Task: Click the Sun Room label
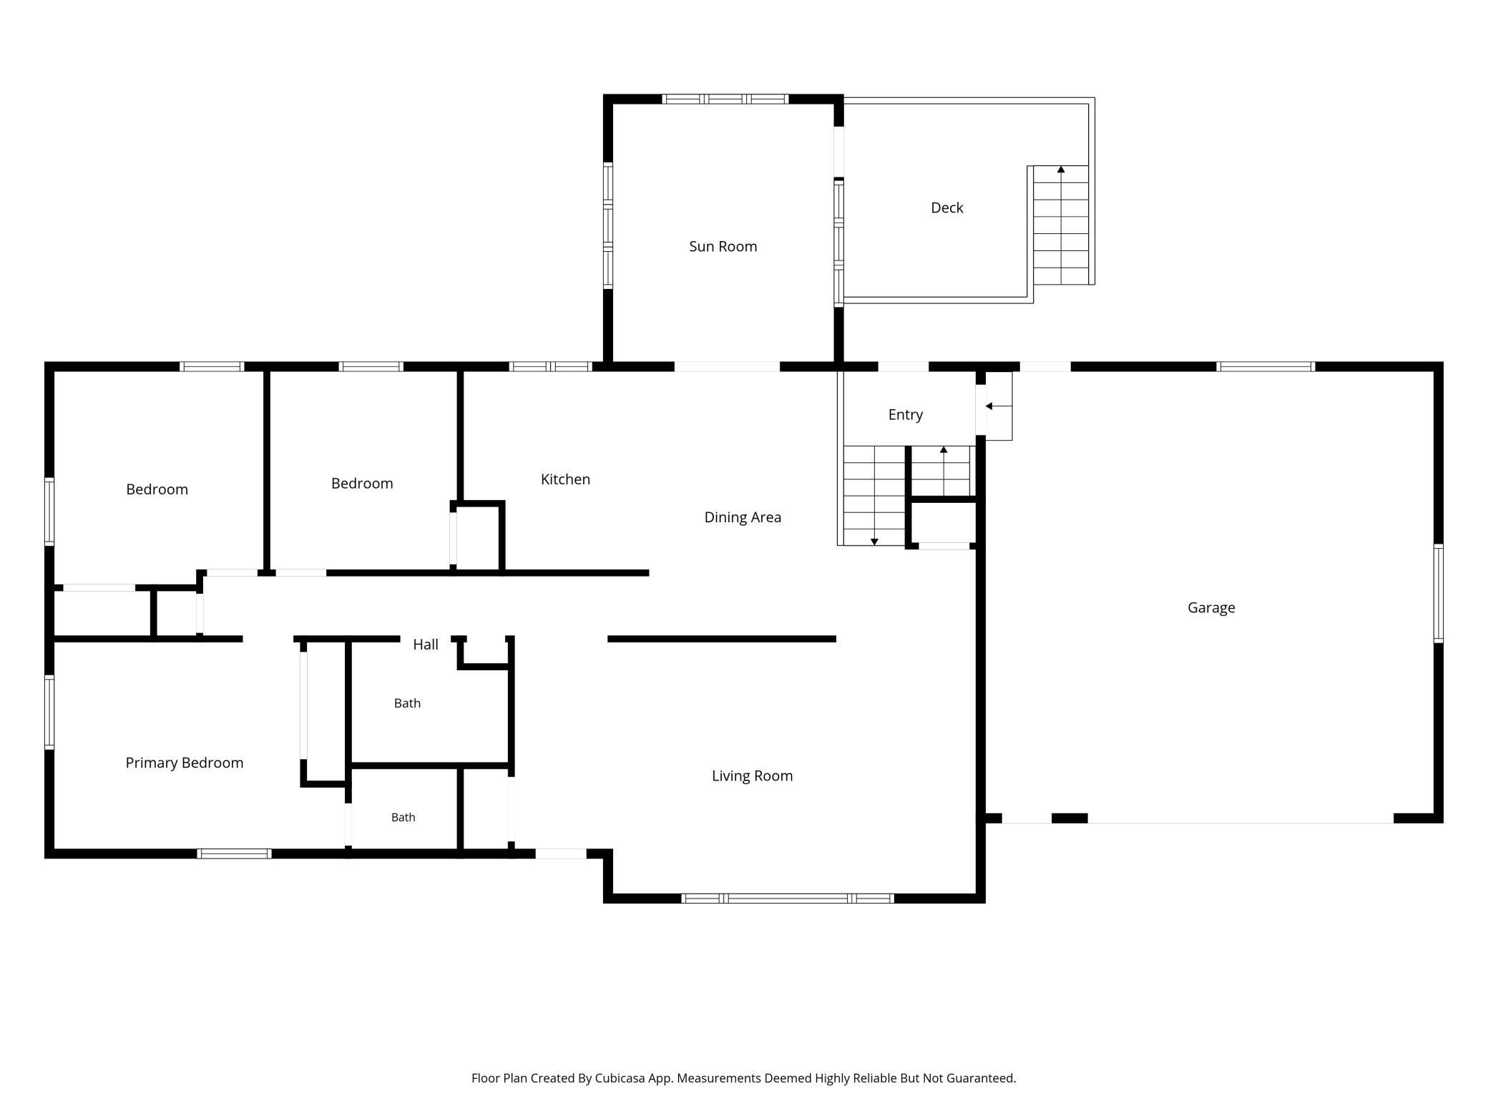pyautogui.click(x=723, y=247)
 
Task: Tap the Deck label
pyautogui.click(x=946, y=208)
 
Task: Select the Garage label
pyautogui.click(x=1211, y=608)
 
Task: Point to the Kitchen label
pyautogui.click(x=565, y=479)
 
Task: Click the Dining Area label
pyautogui.click(x=743, y=517)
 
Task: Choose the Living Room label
pyautogui.click(x=752, y=776)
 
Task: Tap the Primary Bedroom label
pyautogui.click(x=185, y=763)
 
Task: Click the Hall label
pyautogui.click(x=426, y=645)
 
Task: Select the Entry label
pyautogui.click(x=906, y=415)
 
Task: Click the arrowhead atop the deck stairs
pyautogui.click(x=1061, y=170)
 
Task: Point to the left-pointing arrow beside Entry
pyautogui.click(x=998, y=406)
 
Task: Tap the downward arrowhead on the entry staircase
pyautogui.click(x=874, y=542)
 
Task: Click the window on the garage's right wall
pyautogui.click(x=1438, y=593)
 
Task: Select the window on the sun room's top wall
pyautogui.click(x=725, y=99)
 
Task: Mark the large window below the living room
pyautogui.click(x=787, y=899)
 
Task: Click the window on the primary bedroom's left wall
pyautogui.click(x=49, y=712)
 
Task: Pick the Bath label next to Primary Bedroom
pyautogui.click(x=403, y=818)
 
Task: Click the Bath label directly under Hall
pyautogui.click(x=407, y=704)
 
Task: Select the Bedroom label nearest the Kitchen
pyautogui.click(x=362, y=484)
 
